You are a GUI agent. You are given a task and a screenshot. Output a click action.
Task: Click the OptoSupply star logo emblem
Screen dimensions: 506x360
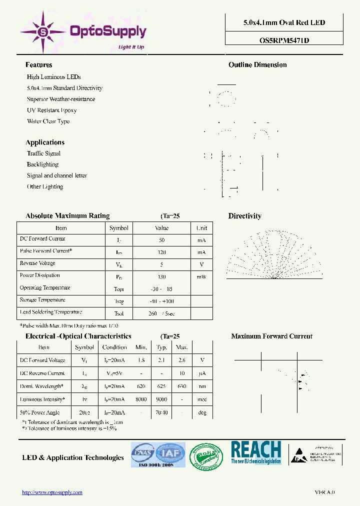coord(42,32)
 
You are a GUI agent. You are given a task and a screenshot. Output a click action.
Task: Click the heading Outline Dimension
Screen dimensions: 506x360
coord(257,65)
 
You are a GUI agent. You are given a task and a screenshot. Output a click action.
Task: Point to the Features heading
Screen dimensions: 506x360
coord(38,65)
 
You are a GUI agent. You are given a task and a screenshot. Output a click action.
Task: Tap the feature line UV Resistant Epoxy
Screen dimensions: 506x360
coord(51,110)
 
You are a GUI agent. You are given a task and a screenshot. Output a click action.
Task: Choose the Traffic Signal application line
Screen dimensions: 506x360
coord(43,153)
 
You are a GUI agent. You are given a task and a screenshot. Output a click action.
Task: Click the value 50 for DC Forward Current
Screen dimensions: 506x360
coord(161,240)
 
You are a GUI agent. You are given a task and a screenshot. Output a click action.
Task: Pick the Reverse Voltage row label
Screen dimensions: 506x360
coord(37,263)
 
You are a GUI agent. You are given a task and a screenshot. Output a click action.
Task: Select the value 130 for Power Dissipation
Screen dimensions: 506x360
coord(161,276)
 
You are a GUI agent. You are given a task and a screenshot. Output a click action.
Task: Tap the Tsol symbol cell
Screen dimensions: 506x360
coord(118,313)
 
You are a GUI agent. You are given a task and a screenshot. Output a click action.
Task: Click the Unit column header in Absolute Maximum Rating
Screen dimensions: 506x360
coord(201,228)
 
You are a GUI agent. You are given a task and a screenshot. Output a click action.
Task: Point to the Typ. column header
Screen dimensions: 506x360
coord(161,347)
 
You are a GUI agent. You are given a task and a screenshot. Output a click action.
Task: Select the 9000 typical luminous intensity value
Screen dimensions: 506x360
coord(161,399)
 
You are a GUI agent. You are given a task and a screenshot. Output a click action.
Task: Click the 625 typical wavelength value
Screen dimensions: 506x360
coord(161,386)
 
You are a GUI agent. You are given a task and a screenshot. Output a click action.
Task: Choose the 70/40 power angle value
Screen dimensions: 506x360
coord(161,412)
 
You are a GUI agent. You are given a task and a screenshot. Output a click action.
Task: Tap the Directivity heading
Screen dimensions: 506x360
coord(244,216)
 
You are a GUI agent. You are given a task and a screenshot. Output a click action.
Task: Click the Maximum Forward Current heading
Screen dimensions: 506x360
coord(271,336)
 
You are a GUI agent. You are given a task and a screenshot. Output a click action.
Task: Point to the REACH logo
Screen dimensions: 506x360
coord(256,453)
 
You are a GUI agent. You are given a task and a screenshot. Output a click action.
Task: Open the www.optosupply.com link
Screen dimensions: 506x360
coord(52,492)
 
